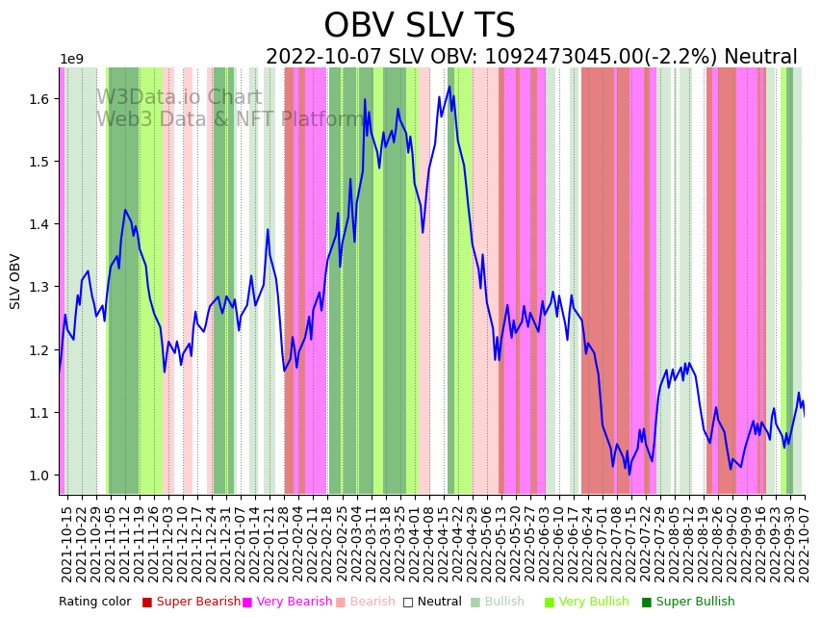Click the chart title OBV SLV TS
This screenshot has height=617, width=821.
419,26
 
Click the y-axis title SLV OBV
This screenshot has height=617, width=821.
15,281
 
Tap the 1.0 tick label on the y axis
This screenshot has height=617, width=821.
38,476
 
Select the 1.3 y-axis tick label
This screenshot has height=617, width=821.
38,287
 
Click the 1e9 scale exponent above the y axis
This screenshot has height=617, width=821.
71,60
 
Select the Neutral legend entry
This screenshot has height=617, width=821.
432,603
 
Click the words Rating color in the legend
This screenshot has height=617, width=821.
95,603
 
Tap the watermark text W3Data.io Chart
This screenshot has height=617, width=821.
179,97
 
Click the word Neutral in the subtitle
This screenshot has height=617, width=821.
761,58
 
